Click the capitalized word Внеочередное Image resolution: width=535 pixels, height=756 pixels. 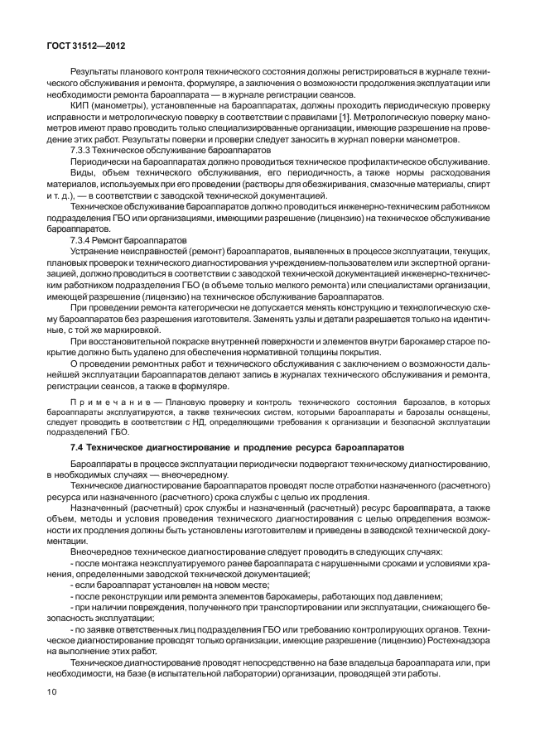103,551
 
